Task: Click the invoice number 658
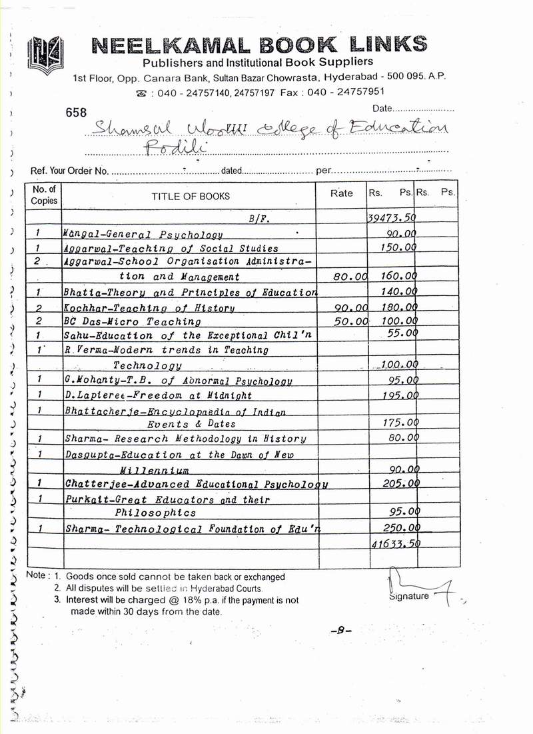pyautogui.click(x=77, y=113)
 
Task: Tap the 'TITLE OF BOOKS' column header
pyautogui.click(x=191, y=196)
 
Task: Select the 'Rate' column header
pyautogui.click(x=342, y=193)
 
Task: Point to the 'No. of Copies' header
pyautogui.click(x=44, y=195)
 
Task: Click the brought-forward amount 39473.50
pyautogui.click(x=392, y=218)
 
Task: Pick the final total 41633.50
pyautogui.click(x=393, y=544)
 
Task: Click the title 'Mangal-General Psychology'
pyautogui.click(x=142, y=235)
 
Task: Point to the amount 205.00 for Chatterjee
pyautogui.click(x=398, y=483)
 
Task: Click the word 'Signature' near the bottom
pyautogui.click(x=408, y=596)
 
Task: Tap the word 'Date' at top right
pyautogui.click(x=382, y=108)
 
